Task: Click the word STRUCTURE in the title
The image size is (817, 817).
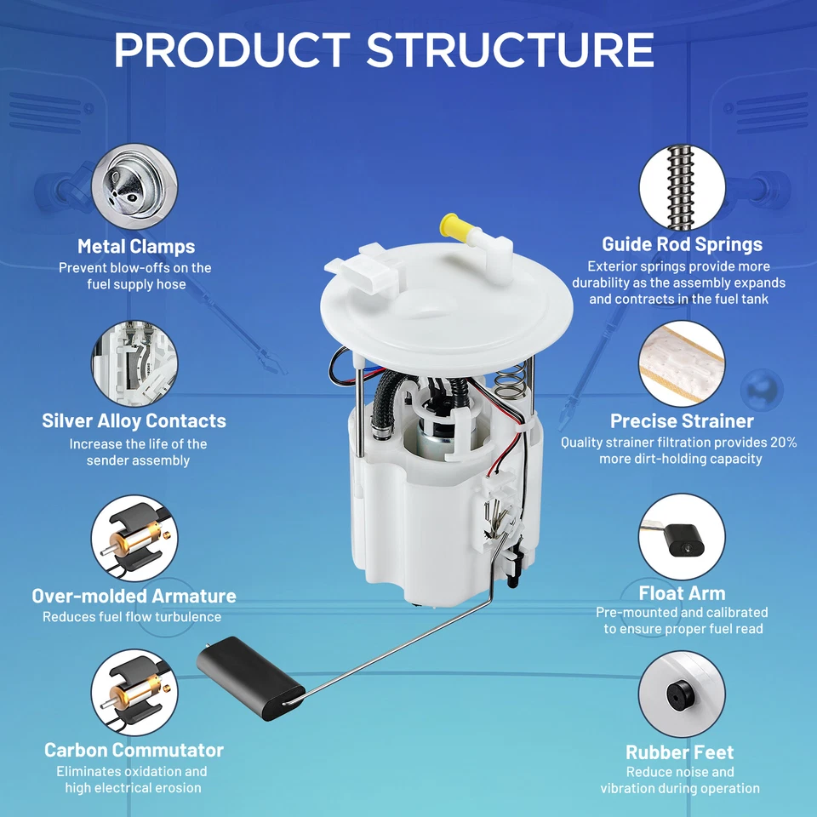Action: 511,50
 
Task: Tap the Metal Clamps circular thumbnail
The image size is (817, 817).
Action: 134,186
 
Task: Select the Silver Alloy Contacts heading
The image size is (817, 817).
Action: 134,420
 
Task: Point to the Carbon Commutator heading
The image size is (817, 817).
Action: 134,750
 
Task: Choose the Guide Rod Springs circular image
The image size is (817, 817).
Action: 682,186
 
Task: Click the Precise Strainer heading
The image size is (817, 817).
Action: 682,420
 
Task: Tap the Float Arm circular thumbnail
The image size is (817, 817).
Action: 682,537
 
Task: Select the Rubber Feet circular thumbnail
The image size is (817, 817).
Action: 682,694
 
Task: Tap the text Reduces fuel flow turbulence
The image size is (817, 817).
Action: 132,617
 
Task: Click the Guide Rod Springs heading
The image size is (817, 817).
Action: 682,244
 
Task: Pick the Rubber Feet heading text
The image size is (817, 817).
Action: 679,751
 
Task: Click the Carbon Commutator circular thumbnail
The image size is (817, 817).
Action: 134,691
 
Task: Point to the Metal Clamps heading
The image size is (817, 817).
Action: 136,247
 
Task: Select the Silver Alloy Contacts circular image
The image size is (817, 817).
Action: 134,363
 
